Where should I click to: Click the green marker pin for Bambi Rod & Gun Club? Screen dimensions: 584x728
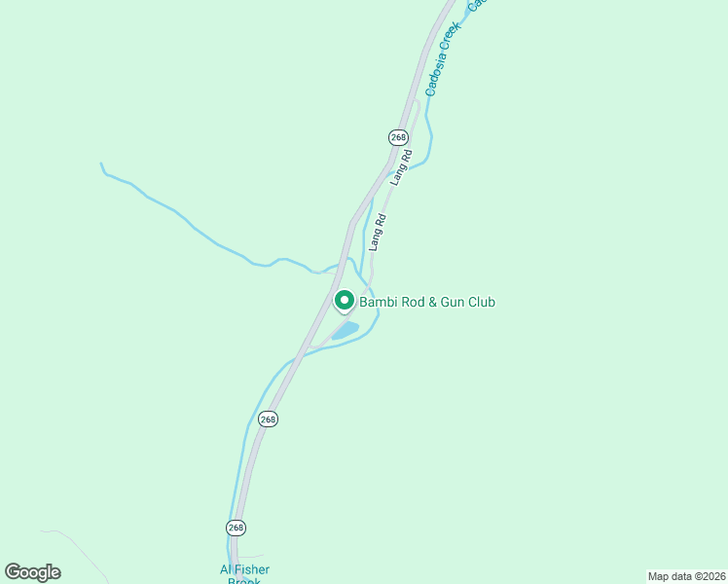tap(344, 301)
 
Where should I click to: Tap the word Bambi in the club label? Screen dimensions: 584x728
tap(377, 303)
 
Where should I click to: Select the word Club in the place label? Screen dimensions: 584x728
tap(479, 303)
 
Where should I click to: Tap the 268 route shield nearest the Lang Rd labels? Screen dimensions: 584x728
tap(398, 137)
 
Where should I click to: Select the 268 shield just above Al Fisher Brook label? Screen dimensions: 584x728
tap(236, 527)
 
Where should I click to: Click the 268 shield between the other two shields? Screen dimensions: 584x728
tap(269, 419)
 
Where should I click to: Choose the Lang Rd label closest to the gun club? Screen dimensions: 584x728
tap(378, 233)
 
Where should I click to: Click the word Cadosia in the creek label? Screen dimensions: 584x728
tap(437, 70)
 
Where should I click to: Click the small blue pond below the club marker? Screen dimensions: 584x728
tap(346, 330)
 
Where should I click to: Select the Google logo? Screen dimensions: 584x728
tap(32, 572)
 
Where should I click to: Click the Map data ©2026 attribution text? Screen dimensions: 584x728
tap(686, 576)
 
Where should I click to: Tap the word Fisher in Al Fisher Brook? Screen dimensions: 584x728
tap(252, 569)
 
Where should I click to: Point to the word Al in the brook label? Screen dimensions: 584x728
tap(227, 569)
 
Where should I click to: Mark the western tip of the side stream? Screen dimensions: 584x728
tap(101, 164)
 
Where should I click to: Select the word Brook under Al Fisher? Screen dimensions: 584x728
tap(244, 581)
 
